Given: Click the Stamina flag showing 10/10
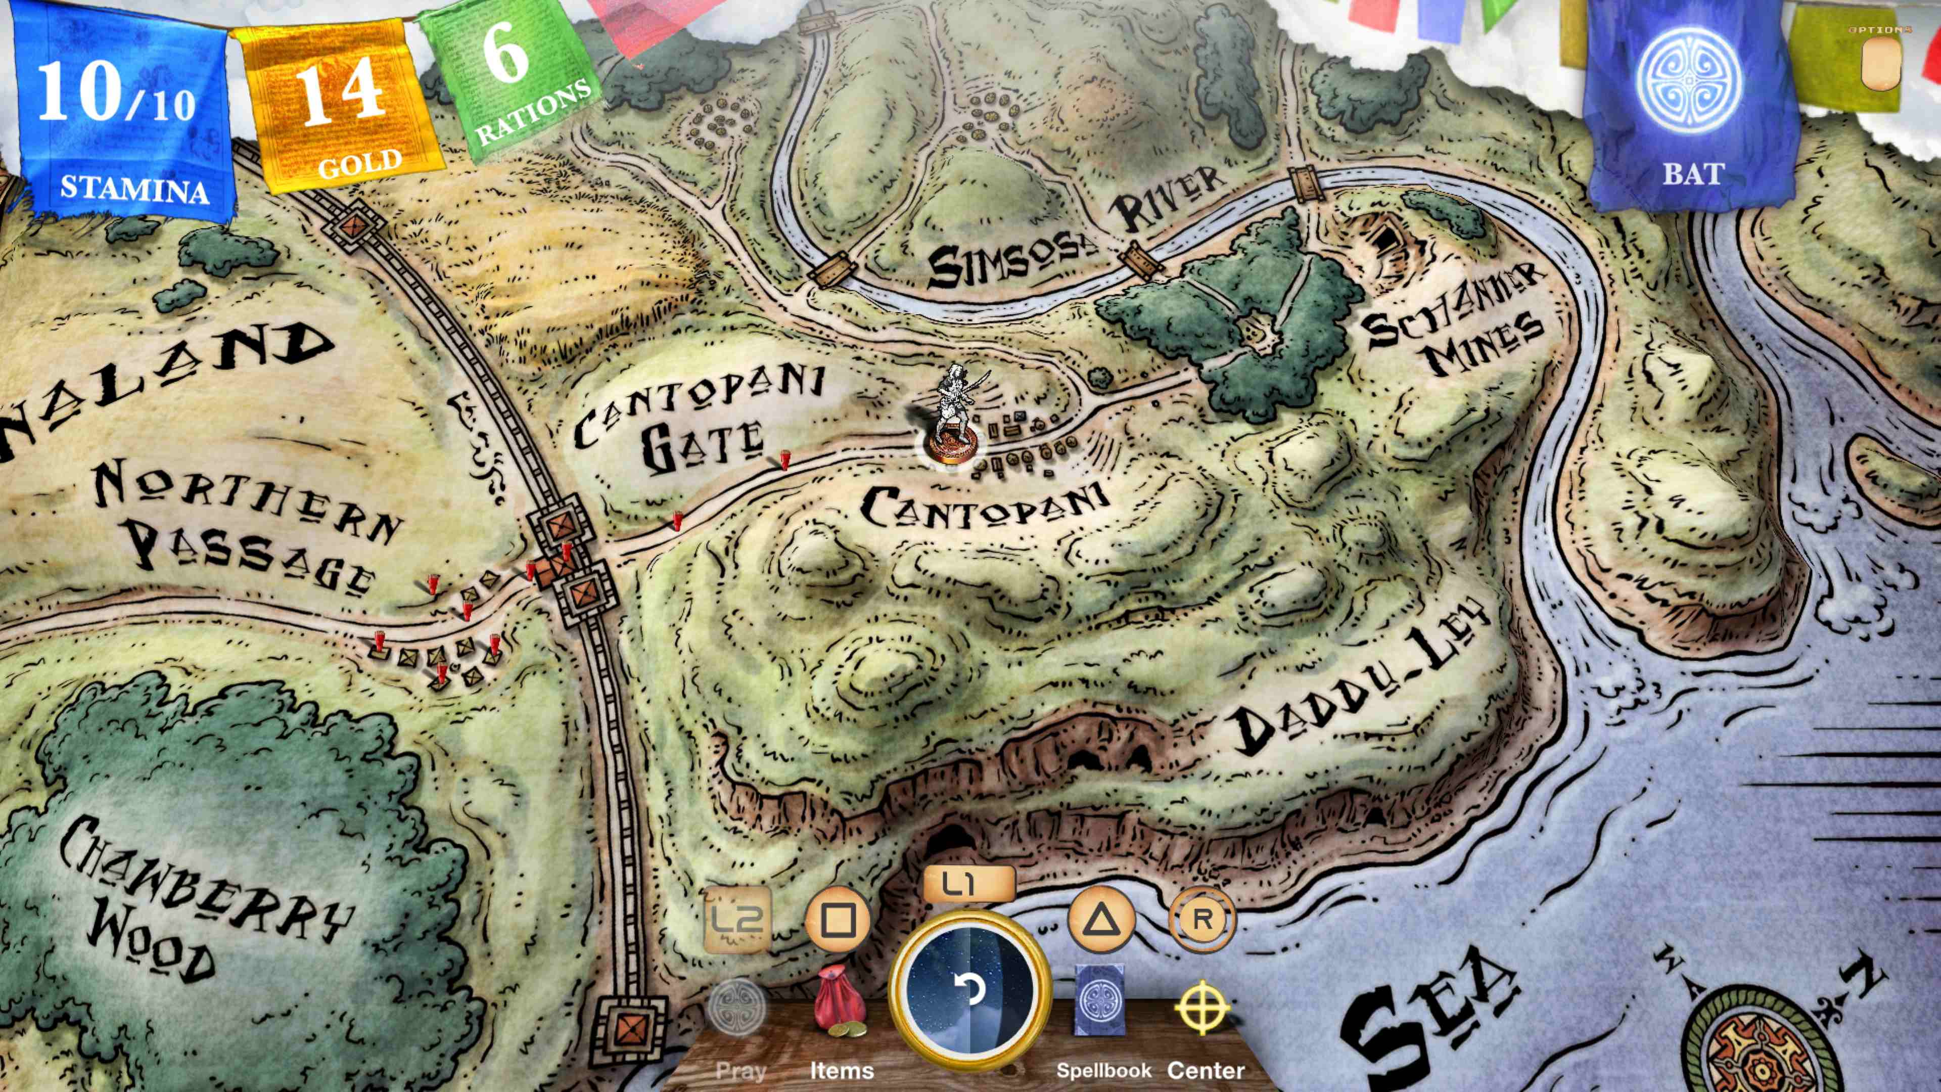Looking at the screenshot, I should coord(121,113).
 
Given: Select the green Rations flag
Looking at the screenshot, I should coord(513,83).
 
